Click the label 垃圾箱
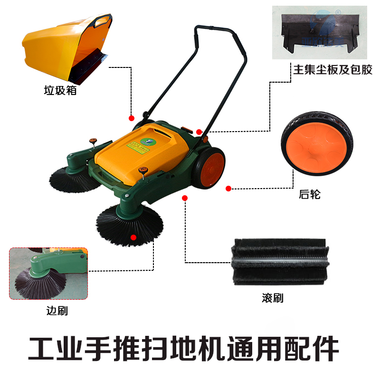(x=60, y=90)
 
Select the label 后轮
(x=310, y=194)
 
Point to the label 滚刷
(x=272, y=298)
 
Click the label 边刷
(x=57, y=311)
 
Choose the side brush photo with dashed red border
(x=49, y=273)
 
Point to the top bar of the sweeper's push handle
(x=213, y=27)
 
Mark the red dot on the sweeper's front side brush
(x=133, y=237)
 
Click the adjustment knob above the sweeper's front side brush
(x=141, y=170)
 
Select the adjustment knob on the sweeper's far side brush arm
(x=92, y=140)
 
